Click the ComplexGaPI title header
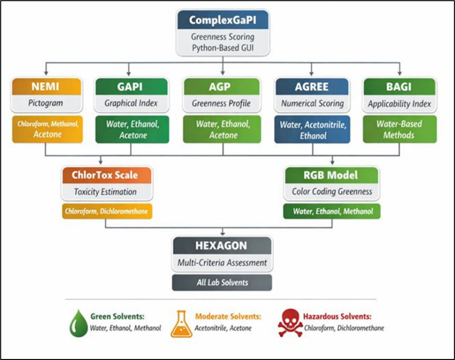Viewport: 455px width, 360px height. [223, 20]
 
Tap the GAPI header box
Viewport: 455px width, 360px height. [130, 85]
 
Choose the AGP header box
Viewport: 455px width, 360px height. [222, 85]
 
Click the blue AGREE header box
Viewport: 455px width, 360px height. [312, 85]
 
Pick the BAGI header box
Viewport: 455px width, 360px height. [399, 85]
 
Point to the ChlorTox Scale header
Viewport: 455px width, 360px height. [106, 175]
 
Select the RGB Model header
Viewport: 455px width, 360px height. [331, 175]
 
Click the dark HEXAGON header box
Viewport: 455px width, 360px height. [222, 245]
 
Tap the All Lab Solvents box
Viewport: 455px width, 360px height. [222, 283]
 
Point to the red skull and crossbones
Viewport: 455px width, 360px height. [290, 323]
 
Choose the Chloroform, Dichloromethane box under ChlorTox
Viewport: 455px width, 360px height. [106, 211]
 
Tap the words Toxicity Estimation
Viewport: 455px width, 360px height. [106, 192]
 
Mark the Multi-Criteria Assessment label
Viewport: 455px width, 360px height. [222, 263]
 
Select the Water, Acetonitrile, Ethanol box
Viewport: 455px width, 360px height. [312, 130]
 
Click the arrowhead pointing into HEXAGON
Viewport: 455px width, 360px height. [222, 234]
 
